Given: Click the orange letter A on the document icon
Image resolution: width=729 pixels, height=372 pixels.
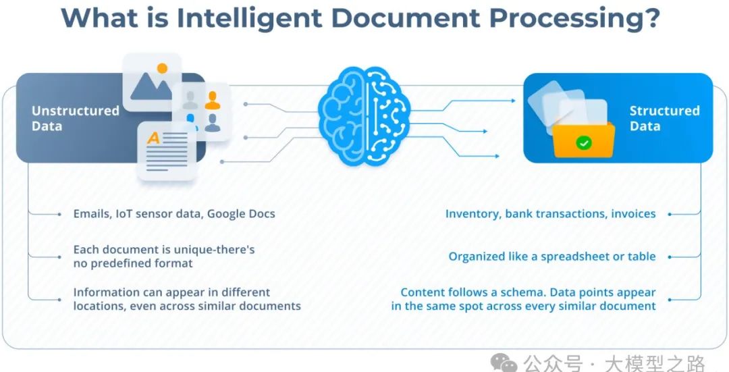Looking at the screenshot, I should coord(154,138).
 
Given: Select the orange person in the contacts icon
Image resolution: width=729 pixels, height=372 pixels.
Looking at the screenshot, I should coord(213,101).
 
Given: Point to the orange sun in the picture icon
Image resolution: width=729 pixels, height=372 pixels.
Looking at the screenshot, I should coord(162,68).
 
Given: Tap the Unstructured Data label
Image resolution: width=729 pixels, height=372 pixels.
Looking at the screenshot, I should coord(75,118).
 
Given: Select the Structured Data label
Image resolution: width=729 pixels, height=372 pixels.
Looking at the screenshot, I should coord(664,118).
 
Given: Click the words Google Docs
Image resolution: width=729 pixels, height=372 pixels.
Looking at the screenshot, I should coord(241,213).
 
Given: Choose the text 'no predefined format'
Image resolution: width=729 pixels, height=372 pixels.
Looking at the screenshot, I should coord(133,263).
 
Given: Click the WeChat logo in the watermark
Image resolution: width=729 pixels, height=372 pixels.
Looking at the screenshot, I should coord(506,363).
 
